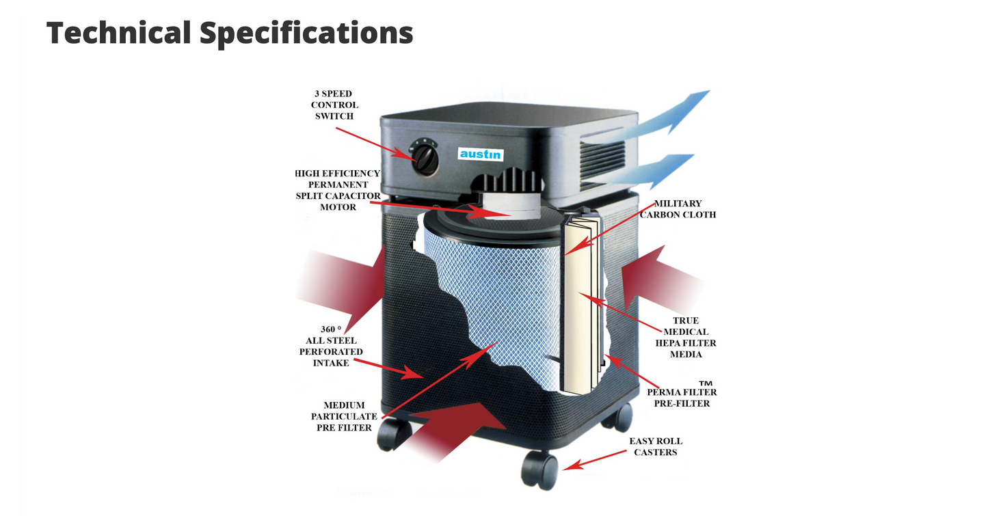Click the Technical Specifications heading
229,33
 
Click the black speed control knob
425,160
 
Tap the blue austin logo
481,154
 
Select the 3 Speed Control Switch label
334,105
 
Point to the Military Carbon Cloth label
678,209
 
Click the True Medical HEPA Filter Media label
685,338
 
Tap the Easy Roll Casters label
656,446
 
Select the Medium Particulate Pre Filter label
344,416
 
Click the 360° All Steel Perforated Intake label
331,347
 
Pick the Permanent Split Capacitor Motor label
337,190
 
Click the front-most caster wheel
539,470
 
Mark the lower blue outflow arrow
648,169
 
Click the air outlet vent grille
602,162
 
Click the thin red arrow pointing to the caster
594,460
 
